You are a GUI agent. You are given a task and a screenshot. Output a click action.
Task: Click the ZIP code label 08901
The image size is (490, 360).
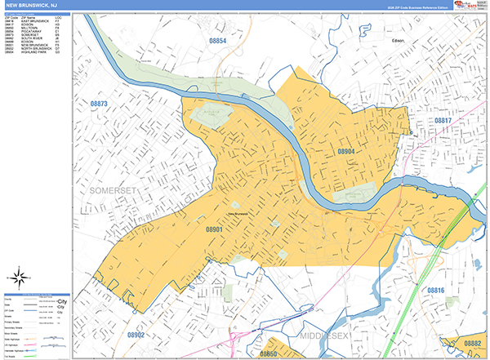216,231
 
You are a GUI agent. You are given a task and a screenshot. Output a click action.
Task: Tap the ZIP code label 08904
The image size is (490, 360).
347,152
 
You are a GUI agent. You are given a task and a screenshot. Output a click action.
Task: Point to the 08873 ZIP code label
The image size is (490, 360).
99,104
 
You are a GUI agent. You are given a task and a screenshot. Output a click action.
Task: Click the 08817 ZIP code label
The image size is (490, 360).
443,120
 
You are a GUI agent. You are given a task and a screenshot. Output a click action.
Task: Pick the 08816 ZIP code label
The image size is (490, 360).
436,290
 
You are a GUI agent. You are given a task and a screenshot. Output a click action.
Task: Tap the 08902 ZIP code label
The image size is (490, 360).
136,335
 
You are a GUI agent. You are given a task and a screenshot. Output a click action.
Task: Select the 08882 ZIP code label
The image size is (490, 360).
472,344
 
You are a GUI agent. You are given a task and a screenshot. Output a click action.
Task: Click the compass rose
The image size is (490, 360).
23,280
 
